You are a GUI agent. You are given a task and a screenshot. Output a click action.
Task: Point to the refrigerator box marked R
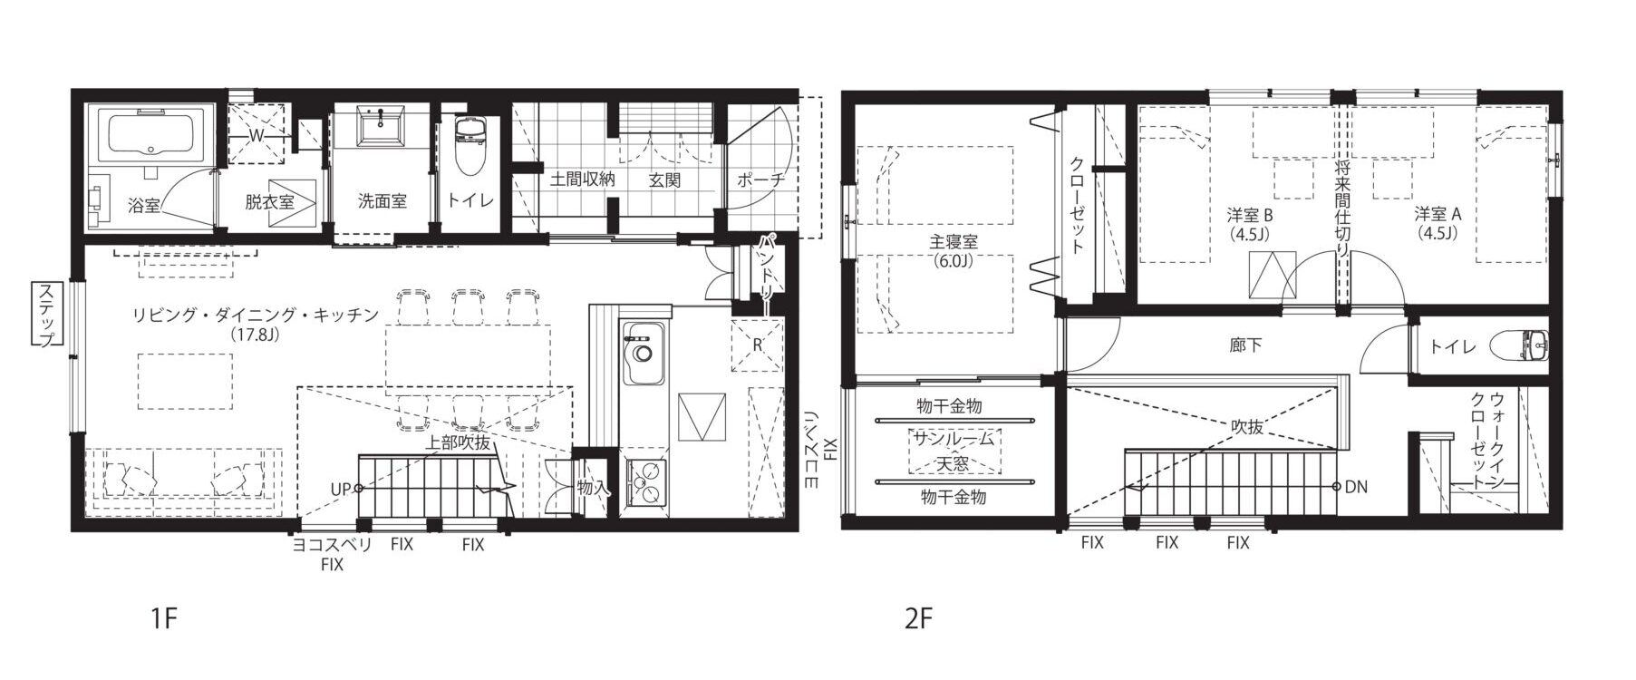pyautogui.click(x=756, y=345)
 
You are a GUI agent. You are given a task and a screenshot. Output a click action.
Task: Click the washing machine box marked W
pyautogui.click(x=256, y=134)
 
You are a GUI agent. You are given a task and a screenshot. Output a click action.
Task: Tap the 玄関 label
pyautogui.click(x=664, y=180)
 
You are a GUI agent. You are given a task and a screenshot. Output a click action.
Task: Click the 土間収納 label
pyautogui.click(x=582, y=180)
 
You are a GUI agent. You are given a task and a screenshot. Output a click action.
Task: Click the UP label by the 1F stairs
pyautogui.click(x=341, y=489)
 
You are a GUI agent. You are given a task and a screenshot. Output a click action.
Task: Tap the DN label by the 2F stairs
pyautogui.click(x=1356, y=487)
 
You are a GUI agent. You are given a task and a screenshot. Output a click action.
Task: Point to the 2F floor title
pyautogui.click(x=918, y=620)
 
